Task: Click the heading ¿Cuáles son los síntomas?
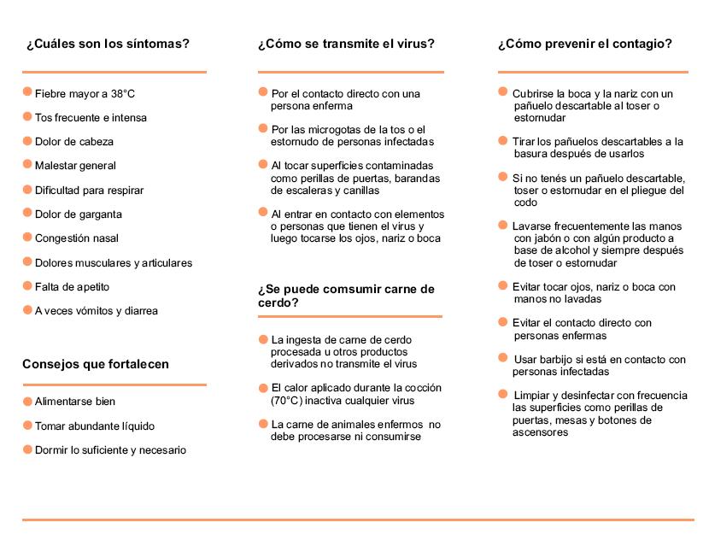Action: point(108,44)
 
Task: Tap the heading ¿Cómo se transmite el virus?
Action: point(346,44)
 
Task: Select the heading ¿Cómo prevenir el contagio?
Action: point(584,44)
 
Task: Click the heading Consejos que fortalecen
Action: point(96,364)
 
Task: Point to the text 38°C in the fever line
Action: point(123,94)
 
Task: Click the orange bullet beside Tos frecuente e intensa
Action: point(27,116)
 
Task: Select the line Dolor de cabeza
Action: point(74,142)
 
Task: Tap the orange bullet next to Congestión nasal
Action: point(27,237)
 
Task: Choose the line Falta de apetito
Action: point(72,287)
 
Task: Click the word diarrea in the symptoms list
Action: point(139,311)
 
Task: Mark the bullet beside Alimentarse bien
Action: point(27,400)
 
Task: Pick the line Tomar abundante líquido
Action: point(95,426)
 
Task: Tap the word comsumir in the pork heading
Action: point(353,289)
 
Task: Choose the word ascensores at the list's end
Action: point(540,432)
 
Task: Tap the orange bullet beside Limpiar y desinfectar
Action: point(503,394)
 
